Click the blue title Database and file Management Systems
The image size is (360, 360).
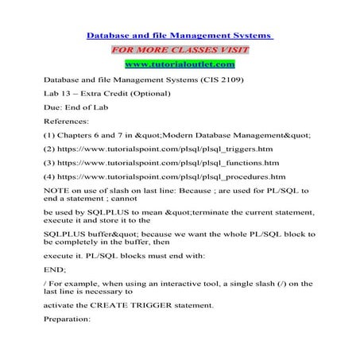pos(179,35)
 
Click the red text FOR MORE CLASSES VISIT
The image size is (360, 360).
pos(180,49)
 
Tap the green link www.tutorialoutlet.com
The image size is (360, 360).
pos(180,64)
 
